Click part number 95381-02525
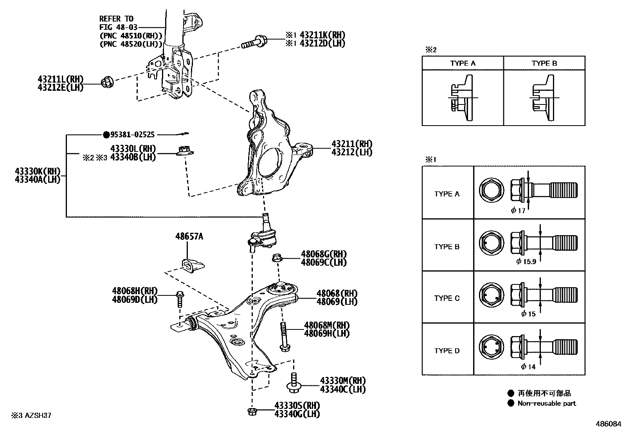pyautogui.click(x=132, y=135)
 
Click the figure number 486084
pyautogui.click(x=608, y=424)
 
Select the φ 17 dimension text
pyautogui.click(x=518, y=211)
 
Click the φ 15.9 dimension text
pyautogui.click(x=526, y=261)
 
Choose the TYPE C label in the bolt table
pyautogui.click(x=447, y=298)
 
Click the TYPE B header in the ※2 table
pyautogui.click(x=544, y=63)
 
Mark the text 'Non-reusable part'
pyautogui.click(x=546, y=403)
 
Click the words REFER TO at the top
pyautogui.click(x=116, y=19)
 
